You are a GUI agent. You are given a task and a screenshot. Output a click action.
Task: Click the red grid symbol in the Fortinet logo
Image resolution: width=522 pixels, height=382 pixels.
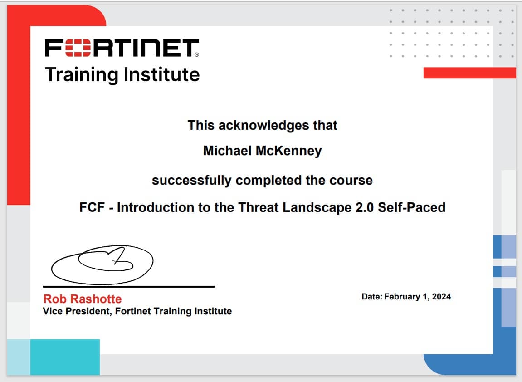(78, 48)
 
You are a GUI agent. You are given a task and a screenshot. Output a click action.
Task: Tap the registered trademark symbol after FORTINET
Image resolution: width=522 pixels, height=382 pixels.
(197, 54)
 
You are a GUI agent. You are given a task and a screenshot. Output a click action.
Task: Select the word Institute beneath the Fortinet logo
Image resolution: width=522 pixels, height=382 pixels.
(162, 74)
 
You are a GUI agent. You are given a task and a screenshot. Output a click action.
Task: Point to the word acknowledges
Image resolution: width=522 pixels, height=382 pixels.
(263, 126)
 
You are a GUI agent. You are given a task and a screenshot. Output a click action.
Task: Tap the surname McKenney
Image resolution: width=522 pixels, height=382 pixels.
(288, 151)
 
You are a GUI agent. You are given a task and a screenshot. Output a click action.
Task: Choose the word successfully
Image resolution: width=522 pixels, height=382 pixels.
(191, 181)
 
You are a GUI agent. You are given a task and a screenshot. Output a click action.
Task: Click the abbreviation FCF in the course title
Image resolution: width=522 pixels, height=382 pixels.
(92, 207)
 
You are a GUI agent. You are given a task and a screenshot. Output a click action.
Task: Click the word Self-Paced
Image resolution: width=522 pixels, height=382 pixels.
(411, 207)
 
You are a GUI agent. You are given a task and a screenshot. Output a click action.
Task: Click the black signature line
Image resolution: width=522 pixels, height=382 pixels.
(129, 286)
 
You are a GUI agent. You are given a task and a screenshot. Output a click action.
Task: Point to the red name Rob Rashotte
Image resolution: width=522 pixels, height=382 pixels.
(83, 299)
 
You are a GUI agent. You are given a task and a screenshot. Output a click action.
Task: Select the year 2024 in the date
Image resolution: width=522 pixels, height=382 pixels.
(441, 297)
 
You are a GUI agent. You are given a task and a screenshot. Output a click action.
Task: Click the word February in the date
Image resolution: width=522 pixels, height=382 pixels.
(402, 297)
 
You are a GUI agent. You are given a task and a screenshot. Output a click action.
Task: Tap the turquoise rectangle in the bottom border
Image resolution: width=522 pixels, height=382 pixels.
(65, 357)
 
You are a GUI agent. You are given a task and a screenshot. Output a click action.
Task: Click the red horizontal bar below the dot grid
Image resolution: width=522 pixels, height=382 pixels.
(470, 73)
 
